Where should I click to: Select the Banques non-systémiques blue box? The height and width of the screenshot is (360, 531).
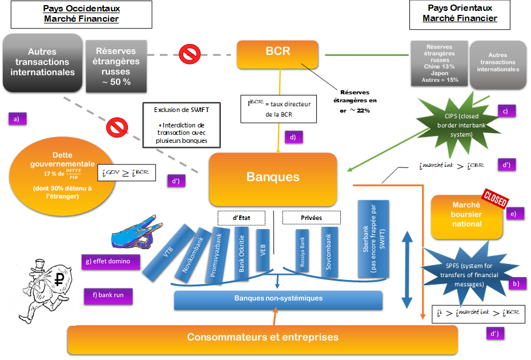278,299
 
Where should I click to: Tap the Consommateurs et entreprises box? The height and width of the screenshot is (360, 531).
263,339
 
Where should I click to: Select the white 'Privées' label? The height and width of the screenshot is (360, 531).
311,218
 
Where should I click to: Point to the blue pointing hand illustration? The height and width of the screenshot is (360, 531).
135,231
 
